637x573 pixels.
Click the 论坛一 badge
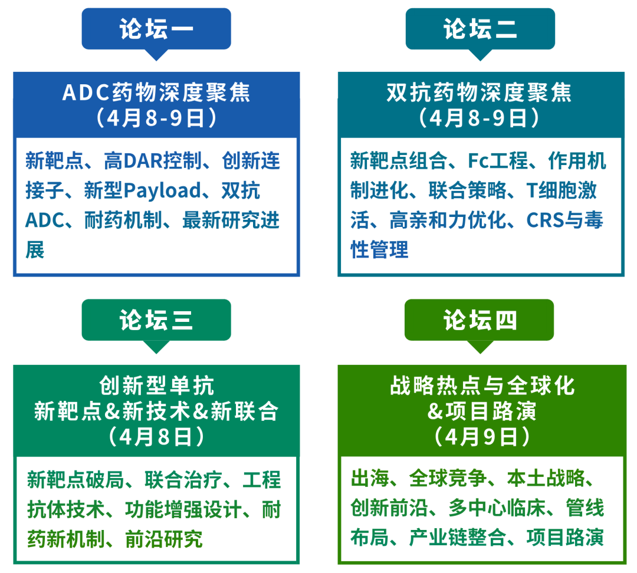click(156, 29)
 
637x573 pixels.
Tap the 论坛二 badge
click(480, 29)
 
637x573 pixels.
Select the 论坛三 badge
click(156, 321)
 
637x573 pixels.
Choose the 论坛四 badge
click(480, 321)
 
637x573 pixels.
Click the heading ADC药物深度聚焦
click(156, 93)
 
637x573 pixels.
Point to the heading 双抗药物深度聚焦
click(480, 93)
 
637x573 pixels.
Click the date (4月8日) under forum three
click(156, 437)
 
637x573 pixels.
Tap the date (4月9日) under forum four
click(482, 437)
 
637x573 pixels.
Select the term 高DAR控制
click(153, 160)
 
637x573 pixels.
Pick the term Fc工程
click(498, 160)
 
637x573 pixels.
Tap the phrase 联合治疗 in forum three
click(183, 480)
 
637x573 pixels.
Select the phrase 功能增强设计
click(183, 510)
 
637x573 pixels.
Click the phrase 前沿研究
click(164, 539)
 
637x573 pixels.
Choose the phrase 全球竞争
click(448, 478)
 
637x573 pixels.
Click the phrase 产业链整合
click(458, 537)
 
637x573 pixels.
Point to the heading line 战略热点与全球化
click(482, 386)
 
